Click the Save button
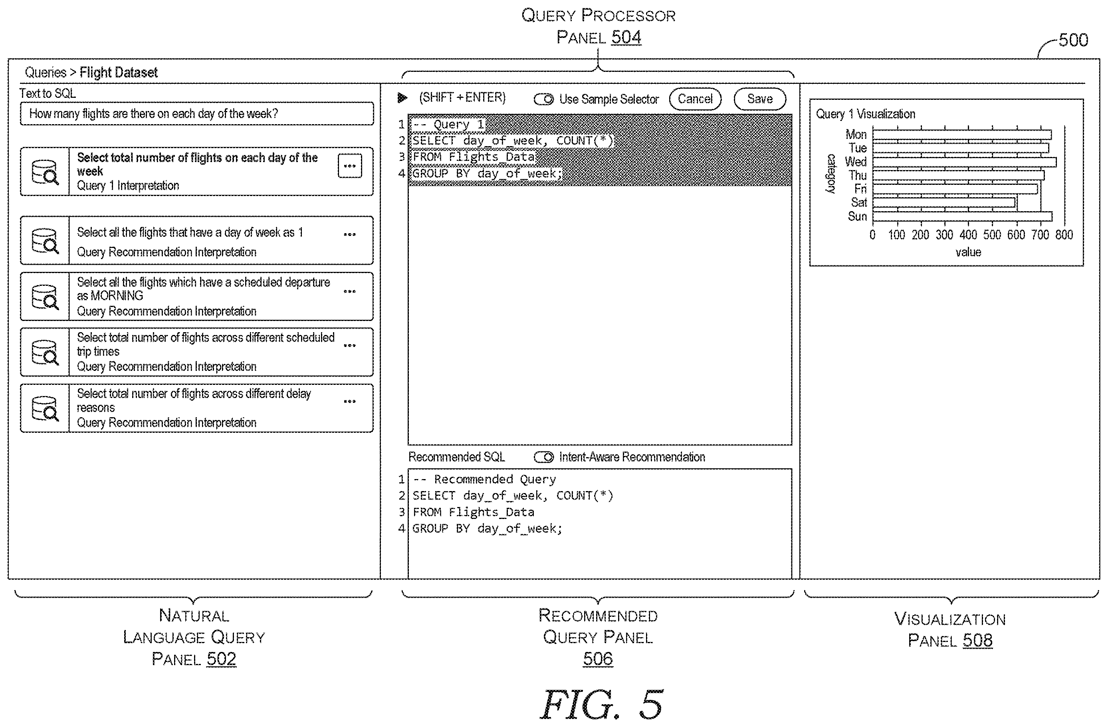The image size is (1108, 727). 759,99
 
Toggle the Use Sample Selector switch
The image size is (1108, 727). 543,99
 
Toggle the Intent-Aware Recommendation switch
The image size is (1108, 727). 543,457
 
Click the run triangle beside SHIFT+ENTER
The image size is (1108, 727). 402,98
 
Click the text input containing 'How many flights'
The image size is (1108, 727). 196,113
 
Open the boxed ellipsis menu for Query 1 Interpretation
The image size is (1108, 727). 350,166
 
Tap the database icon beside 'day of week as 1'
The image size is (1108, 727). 45,241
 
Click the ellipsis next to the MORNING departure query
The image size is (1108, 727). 350,291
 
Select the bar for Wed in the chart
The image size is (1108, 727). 964,162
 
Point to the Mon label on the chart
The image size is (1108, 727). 856,135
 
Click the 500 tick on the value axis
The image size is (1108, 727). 992,235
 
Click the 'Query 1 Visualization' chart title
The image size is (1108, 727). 866,114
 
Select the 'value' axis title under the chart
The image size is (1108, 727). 968,252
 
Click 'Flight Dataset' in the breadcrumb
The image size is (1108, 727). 119,73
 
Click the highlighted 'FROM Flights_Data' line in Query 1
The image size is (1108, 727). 474,157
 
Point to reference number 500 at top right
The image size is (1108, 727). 1073,40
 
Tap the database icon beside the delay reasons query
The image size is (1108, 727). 45,408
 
